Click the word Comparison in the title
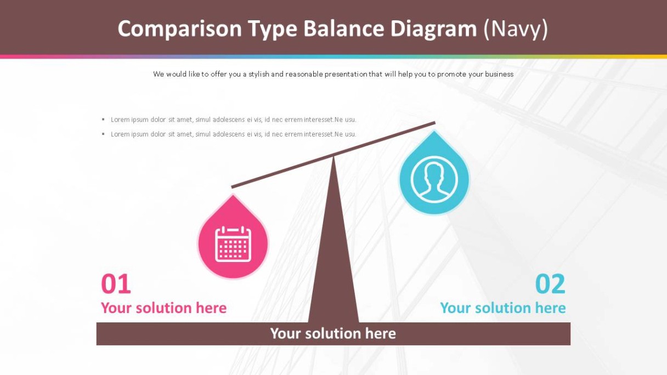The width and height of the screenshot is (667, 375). (179, 29)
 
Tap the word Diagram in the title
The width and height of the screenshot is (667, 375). (433, 29)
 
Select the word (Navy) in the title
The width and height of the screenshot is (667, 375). (516, 29)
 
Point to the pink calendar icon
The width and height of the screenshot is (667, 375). (233, 244)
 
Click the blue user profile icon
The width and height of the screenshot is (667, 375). (434, 179)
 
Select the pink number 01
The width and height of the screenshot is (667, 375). (116, 284)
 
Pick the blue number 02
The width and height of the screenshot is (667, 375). (550, 284)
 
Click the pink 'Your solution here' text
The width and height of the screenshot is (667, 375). (164, 308)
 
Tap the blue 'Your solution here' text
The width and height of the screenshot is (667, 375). (503, 308)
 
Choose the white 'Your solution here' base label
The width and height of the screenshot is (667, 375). (333, 333)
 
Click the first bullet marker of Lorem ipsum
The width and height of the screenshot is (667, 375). (103, 120)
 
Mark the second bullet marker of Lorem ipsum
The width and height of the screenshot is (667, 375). (103, 134)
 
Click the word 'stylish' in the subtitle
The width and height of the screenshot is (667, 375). (259, 74)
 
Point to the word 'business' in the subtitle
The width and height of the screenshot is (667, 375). (499, 74)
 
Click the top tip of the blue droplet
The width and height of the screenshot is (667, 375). (434, 130)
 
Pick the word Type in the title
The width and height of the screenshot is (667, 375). (273, 30)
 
